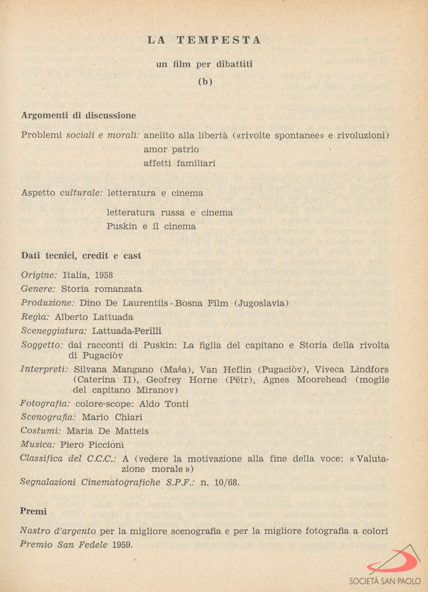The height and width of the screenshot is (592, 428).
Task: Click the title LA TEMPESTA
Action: (x=204, y=41)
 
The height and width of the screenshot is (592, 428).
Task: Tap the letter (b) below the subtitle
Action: (x=204, y=82)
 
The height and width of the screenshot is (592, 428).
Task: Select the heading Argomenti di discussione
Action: (x=78, y=116)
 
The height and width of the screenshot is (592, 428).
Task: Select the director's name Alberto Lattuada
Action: (x=94, y=317)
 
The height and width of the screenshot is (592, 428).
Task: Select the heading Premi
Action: (x=33, y=511)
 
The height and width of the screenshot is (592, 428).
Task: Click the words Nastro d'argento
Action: (x=58, y=531)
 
